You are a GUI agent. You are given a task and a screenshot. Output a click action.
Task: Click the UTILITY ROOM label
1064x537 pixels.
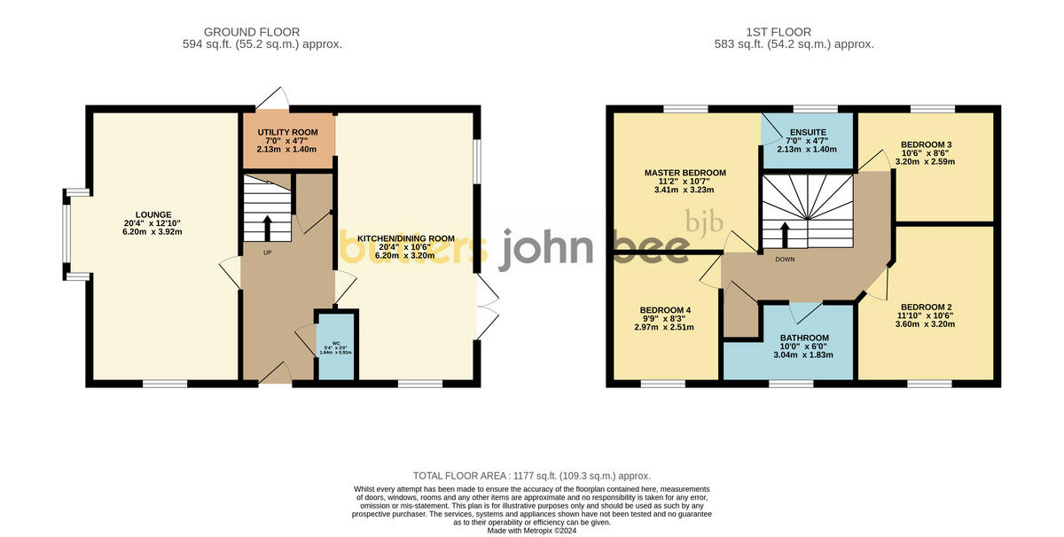tap(287, 133)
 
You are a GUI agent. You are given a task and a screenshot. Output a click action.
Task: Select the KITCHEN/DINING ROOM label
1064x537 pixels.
tap(405, 238)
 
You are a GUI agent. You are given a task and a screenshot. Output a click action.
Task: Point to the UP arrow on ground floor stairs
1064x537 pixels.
tap(269, 229)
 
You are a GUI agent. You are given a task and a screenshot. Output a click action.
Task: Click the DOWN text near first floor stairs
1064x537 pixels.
tap(785, 260)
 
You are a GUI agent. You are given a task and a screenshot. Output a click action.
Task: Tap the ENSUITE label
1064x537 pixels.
tap(808, 133)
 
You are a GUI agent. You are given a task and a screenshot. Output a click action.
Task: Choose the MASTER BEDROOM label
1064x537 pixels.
tap(685, 173)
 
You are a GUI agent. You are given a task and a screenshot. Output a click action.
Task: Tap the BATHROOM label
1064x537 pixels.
tap(804, 338)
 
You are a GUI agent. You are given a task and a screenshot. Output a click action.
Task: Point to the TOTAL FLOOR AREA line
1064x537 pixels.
tap(532, 476)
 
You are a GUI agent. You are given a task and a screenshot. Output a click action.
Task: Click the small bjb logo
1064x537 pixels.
tap(705, 221)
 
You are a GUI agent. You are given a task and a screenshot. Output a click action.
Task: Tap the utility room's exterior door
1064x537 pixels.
tap(272, 97)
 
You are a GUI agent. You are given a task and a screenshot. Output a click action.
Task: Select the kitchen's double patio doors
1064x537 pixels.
tap(486, 306)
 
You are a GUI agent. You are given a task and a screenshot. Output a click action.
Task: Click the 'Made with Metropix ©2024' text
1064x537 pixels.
tap(532, 530)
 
